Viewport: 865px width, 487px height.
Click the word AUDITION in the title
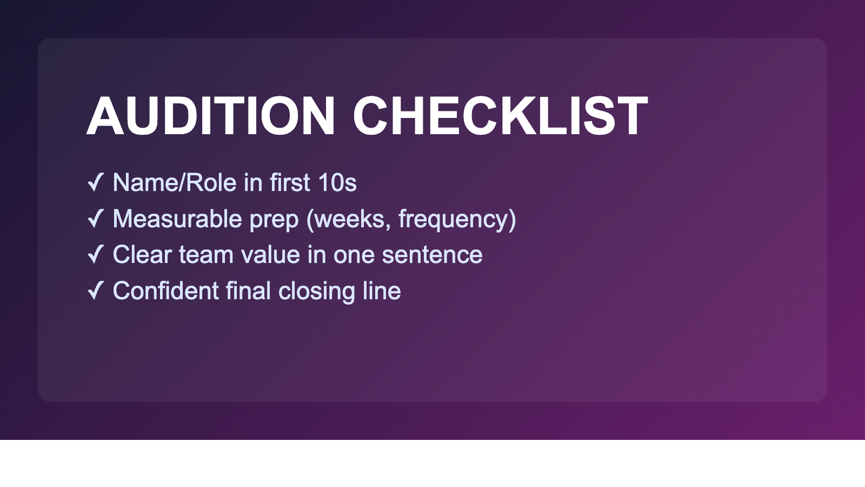pos(211,116)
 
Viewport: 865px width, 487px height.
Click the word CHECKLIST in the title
pos(500,116)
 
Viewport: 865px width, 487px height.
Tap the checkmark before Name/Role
pos(95,182)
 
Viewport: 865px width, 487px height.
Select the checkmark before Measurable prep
pos(95,219)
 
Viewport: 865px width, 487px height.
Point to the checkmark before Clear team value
pos(95,254)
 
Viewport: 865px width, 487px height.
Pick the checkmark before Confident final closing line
pos(95,291)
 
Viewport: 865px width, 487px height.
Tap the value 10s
pos(337,183)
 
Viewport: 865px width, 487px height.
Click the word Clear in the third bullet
pos(142,255)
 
